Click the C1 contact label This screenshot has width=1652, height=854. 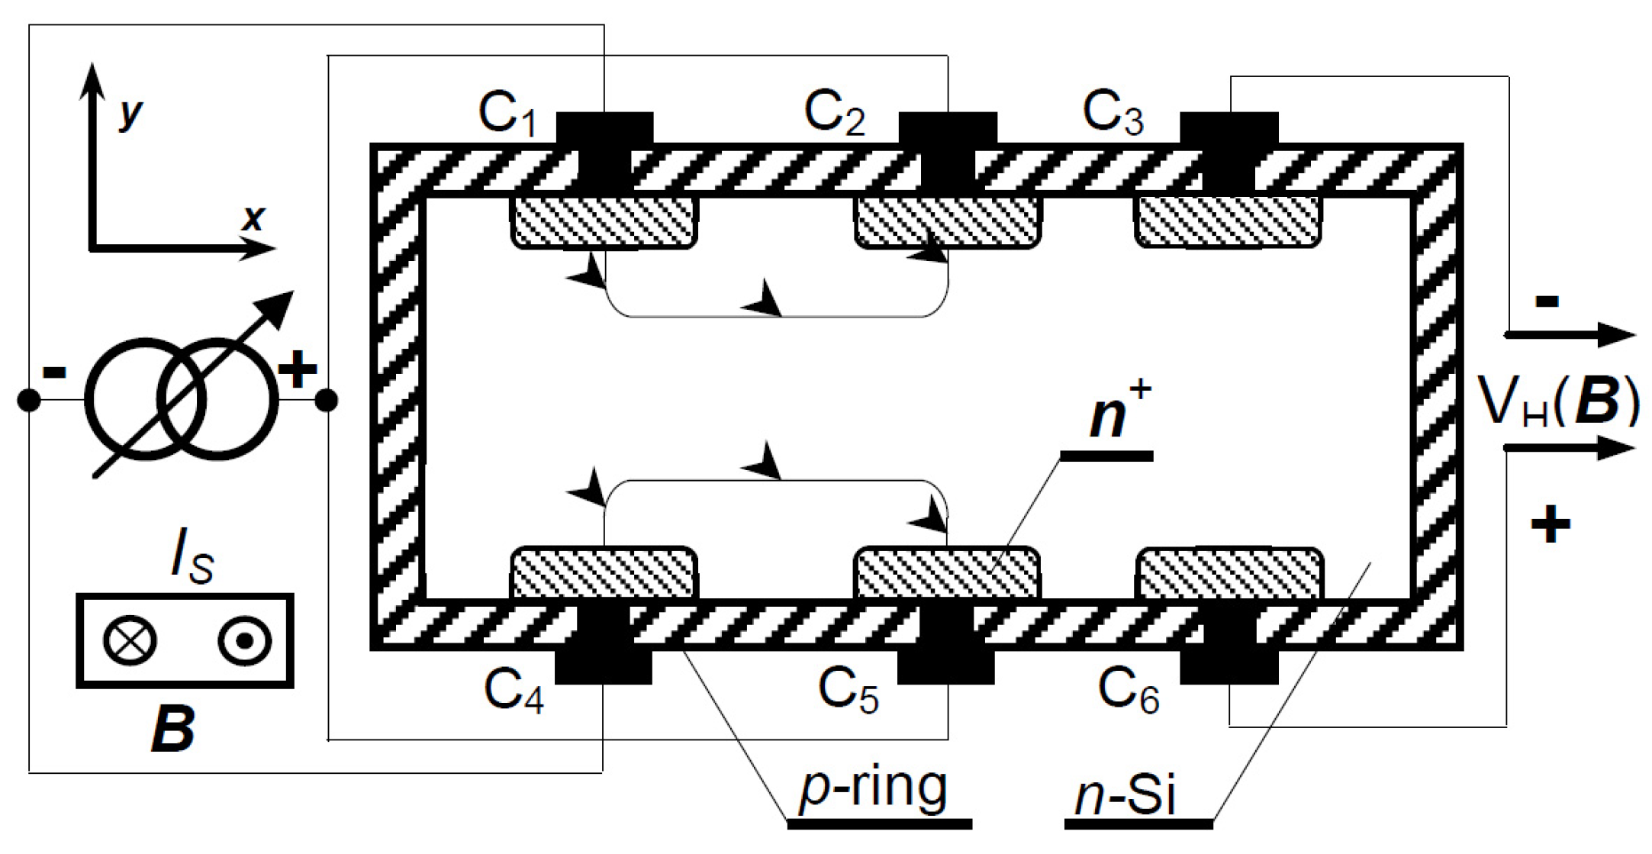507,114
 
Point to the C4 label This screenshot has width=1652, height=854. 513,691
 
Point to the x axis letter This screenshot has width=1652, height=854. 253,218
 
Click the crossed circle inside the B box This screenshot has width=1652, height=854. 130,640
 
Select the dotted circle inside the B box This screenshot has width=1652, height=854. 244,640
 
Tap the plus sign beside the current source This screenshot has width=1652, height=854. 297,369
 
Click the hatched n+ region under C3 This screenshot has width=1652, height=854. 1229,221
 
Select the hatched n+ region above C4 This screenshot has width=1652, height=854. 604,572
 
